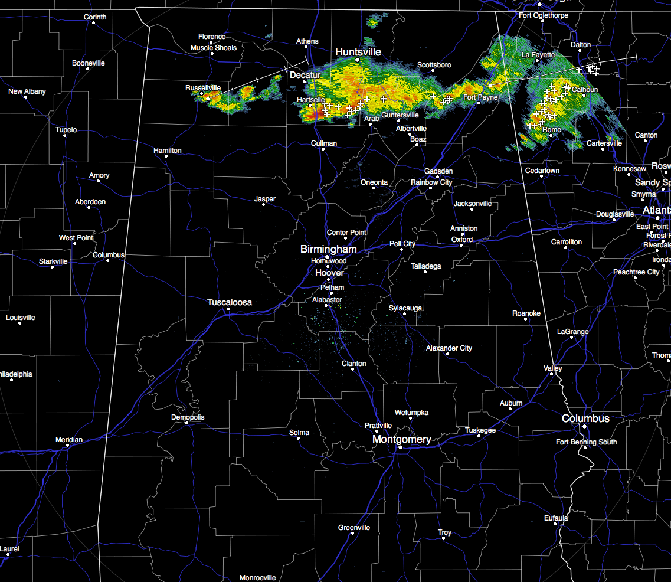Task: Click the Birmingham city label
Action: click(x=328, y=249)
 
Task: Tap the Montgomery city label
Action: click(x=401, y=439)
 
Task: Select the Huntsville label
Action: click(x=358, y=52)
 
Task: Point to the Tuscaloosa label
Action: click(x=229, y=302)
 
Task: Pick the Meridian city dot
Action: click(x=68, y=446)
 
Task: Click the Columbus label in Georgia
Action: click(x=585, y=418)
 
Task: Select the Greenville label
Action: click(x=354, y=527)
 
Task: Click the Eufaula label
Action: click(x=556, y=518)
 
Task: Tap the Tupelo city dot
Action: click(x=64, y=138)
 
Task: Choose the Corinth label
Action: click(x=94, y=17)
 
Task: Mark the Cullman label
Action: click(x=324, y=143)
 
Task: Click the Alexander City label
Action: click(x=449, y=348)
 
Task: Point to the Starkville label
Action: click(x=53, y=261)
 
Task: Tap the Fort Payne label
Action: click(x=480, y=97)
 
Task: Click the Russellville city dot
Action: click(x=201, y=94)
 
